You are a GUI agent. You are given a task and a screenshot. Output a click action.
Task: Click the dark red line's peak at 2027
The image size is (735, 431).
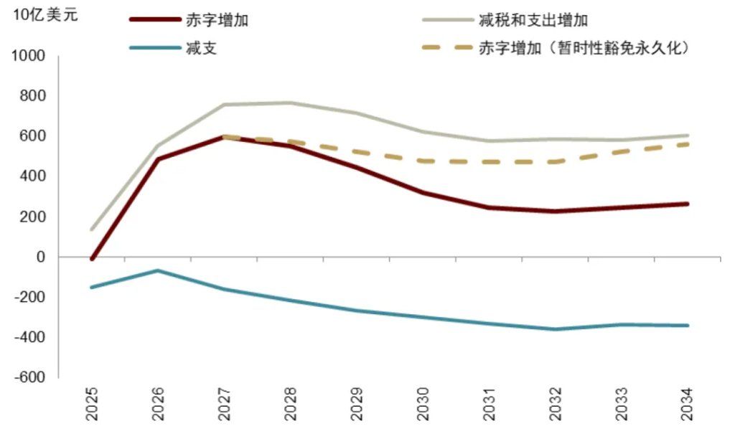coord(224,136)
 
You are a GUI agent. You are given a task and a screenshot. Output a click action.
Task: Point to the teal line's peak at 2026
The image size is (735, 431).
coord(158,270)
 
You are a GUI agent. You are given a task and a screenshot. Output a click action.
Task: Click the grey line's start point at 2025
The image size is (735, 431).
coord(92,229)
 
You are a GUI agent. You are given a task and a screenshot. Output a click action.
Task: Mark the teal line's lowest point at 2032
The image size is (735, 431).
coord(555,329)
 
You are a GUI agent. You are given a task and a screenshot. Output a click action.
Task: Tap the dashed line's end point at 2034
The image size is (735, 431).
coord(688,144)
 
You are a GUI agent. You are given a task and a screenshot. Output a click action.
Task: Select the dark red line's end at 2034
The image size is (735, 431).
coord(688,204)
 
